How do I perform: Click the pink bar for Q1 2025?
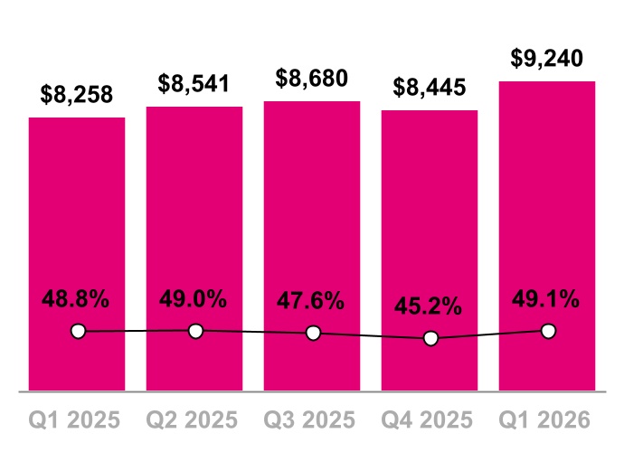tap(77, 226)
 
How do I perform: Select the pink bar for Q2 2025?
tap(194, 217)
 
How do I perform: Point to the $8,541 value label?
tap(194, 85)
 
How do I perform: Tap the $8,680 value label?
tap(312, 80)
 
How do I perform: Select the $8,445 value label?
tap(430, 89)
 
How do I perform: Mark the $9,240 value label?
tap(547, 59)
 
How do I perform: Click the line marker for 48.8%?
tap(78, 332)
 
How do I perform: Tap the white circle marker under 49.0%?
tap(195, 331)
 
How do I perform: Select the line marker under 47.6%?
tap(313, 333)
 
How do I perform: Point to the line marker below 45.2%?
tap(430, 338)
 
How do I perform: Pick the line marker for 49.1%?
tap(547, 331)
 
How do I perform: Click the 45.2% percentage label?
tap(430, 307)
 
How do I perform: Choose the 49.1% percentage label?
tap(547, 300)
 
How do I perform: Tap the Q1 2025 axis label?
tap(77, 420)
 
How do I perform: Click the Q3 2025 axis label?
tap(312, 420)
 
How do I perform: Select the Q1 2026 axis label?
tap(547, 420)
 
